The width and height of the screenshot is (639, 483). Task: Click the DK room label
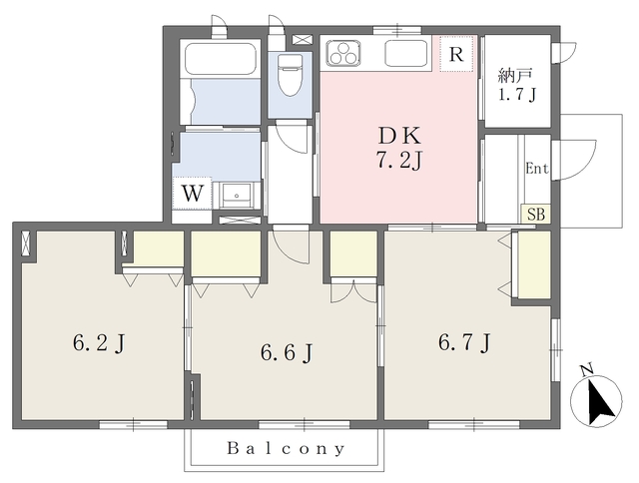coord(399,136)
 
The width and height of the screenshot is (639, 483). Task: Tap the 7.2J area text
coord(398,161)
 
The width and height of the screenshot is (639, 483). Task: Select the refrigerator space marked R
coord(456,54)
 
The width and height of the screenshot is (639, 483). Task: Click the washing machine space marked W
coord(192,194)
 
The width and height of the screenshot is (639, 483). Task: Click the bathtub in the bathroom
coord(221,57)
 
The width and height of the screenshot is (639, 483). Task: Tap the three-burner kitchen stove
coord(343,53)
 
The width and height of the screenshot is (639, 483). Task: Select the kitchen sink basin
coord(406,53)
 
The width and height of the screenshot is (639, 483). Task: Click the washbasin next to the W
coord(238,196)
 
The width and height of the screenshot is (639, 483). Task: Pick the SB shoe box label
coord(536,215)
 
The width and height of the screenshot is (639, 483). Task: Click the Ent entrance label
coord(537,169)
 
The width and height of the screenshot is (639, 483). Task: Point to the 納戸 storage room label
coord(515,76)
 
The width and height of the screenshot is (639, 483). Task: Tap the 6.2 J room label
coord(99,343)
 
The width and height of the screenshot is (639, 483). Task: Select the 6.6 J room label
coord(287,352)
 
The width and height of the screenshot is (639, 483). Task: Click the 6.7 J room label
coord(464,342)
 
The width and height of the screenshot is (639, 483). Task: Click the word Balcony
coord(286,449)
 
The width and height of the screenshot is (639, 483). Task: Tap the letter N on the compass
coord(587,370)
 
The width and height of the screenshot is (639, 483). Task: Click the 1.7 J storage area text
coord(516,94)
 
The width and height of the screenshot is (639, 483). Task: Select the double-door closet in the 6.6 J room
coord(353,290)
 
